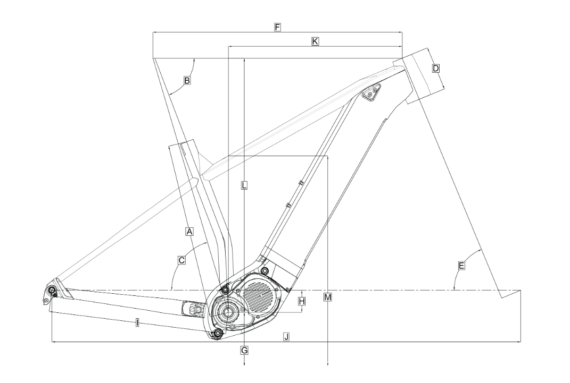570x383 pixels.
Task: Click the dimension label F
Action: pos(277,27)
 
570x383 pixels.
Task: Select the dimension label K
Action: pos(315,41)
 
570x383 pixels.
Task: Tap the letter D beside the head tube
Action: pos(436,68)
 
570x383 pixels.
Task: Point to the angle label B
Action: pos(187,81)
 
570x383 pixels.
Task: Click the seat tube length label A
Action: pos(189,231)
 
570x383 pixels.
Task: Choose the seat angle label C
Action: pos(181,260)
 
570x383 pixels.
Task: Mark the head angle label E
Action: pos(461,266)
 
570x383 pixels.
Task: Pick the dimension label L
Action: pos(244,185)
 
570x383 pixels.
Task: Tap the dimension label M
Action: pos(328,297)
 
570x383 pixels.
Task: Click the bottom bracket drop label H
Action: pos(302,301)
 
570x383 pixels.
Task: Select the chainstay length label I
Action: pos(137,322)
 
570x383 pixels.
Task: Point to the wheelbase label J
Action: pos(286,337)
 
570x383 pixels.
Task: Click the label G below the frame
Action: pos(244,351)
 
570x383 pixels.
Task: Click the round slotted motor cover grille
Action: pos(259,295)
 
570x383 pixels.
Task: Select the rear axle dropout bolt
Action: pos(52,290)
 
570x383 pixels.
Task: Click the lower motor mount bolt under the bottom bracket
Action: pos(218,333)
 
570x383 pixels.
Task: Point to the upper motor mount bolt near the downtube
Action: pos(265,270)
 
